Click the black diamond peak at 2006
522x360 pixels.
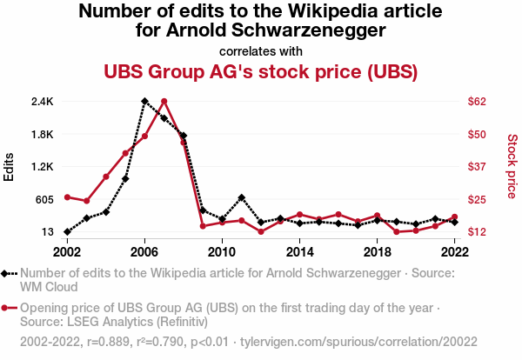click(144, 101)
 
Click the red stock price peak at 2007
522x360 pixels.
click(164, 101)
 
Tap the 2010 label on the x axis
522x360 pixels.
click(222, 251)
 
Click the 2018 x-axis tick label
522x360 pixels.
click(377, 251)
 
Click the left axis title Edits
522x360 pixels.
click(10, 166)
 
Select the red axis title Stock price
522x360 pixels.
click(512, 165)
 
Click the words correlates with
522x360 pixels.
click(261, 50)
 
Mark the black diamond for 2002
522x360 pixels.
click(67, 232)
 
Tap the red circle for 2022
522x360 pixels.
click(454, 217)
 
